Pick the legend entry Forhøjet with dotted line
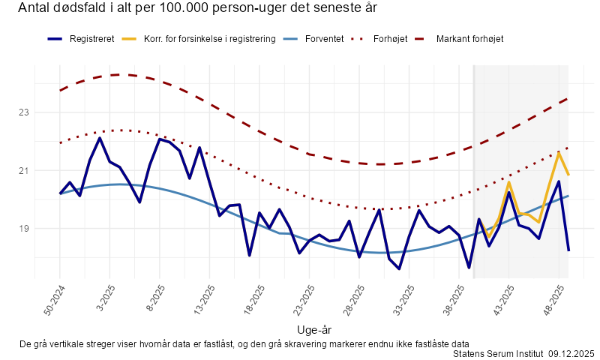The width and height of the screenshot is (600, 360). coord(390,38)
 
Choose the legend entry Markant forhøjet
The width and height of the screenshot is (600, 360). coord(469,38)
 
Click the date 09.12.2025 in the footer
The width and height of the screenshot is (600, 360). coord(571,353)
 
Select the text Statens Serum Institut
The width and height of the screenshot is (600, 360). coord(498,353)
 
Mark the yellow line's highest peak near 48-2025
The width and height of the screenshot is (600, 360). coord(559,152)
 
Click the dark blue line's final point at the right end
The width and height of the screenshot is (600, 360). coord(568,250)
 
